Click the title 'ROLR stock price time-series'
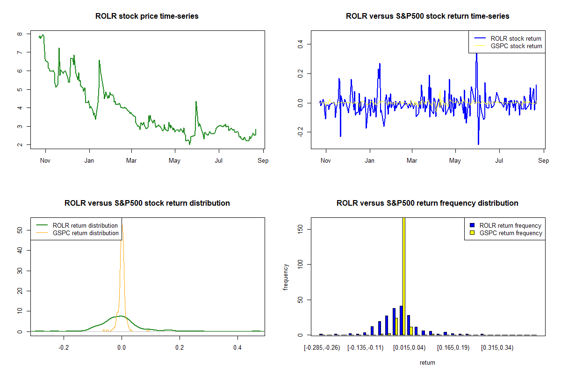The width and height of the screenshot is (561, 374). [147, 16]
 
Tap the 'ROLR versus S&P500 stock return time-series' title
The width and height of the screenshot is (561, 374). [427, 16]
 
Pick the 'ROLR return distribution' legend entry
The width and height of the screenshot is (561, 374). [85, 225]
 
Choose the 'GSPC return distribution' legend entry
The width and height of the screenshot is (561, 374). [86, 233]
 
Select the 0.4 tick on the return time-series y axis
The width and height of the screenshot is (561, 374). [301, 44]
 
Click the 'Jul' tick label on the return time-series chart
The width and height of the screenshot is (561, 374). [499, 161]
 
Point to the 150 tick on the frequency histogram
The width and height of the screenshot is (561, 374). [301, 229]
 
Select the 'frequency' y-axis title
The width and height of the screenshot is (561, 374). [286, 277]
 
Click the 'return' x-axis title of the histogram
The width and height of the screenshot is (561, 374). [427, 362]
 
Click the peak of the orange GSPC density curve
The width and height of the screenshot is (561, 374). [122, 226]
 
